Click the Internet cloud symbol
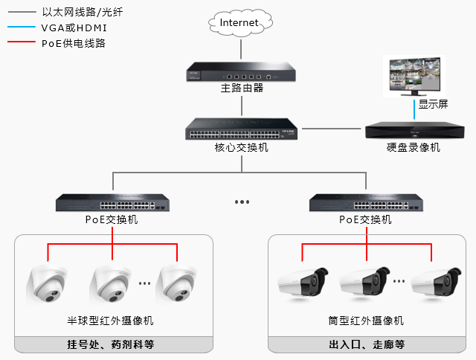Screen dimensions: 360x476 coord(239,22)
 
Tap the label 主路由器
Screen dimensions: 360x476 coord(242,89)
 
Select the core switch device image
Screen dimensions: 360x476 coord(242,130)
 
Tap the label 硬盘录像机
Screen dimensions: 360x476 coord(413,147)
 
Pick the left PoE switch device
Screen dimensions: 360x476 coord(112,203)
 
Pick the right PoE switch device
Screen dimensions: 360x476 coord(366,203)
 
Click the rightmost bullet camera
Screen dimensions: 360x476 coord(432,283)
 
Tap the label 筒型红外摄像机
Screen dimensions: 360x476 coord(365,321)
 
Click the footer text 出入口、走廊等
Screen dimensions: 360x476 coord(366,344)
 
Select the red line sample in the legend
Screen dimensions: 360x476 coord(20,43)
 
